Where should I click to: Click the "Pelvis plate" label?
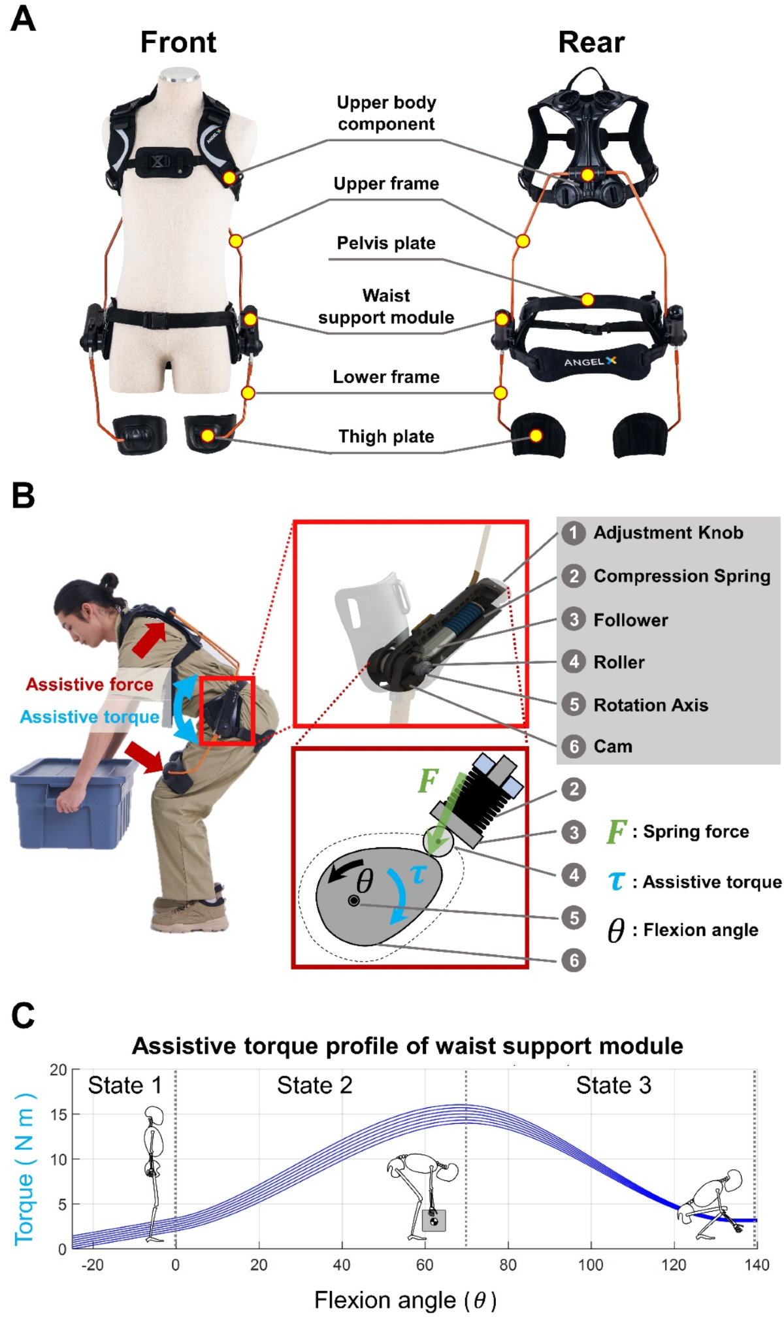coord(385,243)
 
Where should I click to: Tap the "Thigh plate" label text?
coord(385,436)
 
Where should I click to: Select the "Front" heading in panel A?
coord(178,42)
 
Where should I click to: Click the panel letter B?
coord(23,496)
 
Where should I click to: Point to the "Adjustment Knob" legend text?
coord(668,533)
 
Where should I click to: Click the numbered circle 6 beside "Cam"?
coord(574,746)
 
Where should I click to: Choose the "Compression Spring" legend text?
coord(681,576)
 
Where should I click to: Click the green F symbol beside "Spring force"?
coord(616,832)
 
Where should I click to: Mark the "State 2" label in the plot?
coord(314,1085)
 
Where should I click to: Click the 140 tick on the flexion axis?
coord(757,1265)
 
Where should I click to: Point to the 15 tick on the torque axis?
coord(59,1115)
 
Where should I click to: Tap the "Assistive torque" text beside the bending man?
coord(90,717)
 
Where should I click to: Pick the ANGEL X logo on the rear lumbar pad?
coord(590,361)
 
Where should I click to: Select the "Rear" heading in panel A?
coord(591,42)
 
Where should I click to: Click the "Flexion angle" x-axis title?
coord(405,1300)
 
